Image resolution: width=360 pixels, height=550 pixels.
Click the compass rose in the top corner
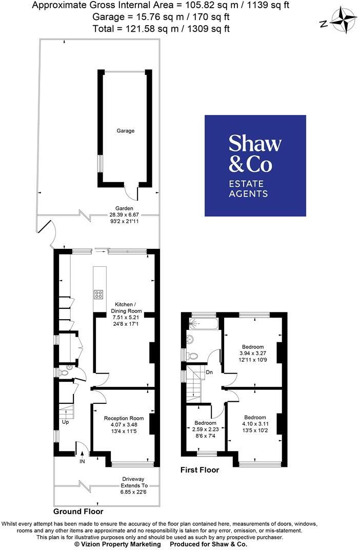coord(342,21)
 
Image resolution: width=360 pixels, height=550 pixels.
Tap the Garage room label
coord(126,131)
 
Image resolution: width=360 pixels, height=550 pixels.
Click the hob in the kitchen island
coord(98,294)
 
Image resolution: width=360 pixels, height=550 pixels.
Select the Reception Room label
coord(124,418)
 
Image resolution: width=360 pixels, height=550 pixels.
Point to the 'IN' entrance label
coord(82,461)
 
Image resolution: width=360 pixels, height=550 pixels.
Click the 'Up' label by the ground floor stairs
coord(65,422)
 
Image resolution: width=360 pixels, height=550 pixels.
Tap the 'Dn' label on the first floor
coord(209,372)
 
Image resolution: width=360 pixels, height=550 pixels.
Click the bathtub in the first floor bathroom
coord(203,324)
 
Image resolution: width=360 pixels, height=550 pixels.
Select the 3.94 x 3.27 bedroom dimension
coord(253,353)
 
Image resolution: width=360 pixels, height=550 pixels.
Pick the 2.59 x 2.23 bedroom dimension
coord(206,429)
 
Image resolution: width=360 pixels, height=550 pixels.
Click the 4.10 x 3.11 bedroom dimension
coord(255,424)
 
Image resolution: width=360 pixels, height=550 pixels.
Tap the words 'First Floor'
coord(199,469)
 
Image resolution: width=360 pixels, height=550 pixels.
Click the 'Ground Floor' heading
coord(78,512)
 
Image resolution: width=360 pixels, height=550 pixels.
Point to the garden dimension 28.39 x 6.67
coord(124,214)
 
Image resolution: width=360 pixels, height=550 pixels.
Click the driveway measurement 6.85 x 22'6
coord(134,492)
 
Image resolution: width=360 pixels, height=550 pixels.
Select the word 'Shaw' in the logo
coord(255,143)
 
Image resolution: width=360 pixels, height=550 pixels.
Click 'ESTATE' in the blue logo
coord(246,184)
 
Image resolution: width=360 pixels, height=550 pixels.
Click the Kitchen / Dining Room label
coord(126,308)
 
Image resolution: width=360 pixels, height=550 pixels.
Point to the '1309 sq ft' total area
coord(209,28)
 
